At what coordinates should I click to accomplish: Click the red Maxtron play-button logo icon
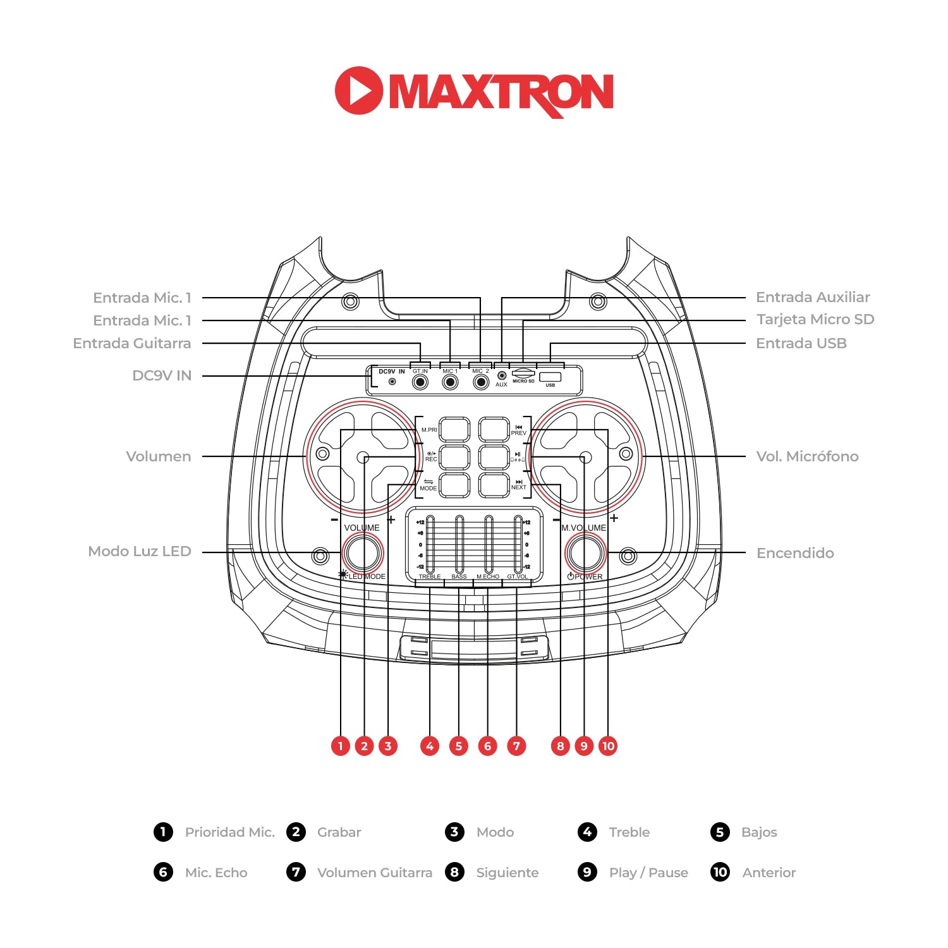pyautogui.click(x=358, y=90)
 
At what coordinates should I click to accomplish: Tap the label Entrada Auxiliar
pyautogui.click(x=813, y=297)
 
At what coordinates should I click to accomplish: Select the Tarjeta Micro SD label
pyautogui.click(x=815, y=319)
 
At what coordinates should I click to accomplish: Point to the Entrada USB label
pyautogui.click(x=801, y=343)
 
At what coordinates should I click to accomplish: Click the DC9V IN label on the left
pyautogui.click(x=161, y=375)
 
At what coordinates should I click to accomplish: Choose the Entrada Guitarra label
pyautogui.click(x=131, y=343)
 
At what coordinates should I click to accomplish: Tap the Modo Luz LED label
pyautogui.click(x=139, y=551)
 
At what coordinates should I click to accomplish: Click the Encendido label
pyautogui.click(x=795, y=553)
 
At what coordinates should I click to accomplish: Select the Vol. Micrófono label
pyautogui.click(x=807, y=456)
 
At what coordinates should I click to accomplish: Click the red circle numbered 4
pyautogui.click(x=430, y=746)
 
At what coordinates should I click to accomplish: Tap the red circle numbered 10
pyautogui.click(x=608, y=746)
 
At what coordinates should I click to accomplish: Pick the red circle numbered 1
pyautogui.click(x=341, y=746)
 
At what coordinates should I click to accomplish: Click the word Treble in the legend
pyautogui.click(x=629, y=832)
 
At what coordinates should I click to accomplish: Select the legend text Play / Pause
pyautogui.click(x=648, y=873)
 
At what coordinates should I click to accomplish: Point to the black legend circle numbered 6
pyautogui.click(x=163, y=872)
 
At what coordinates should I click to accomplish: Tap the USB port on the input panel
pyautogui.click(x=550, y=377)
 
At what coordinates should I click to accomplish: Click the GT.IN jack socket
pyautogui.click(x=420, y=382)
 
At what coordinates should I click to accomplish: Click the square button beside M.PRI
pyautogui.click(x=455, y=429)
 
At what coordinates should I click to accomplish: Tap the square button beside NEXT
pyautogui.click(x=494, y=485)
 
